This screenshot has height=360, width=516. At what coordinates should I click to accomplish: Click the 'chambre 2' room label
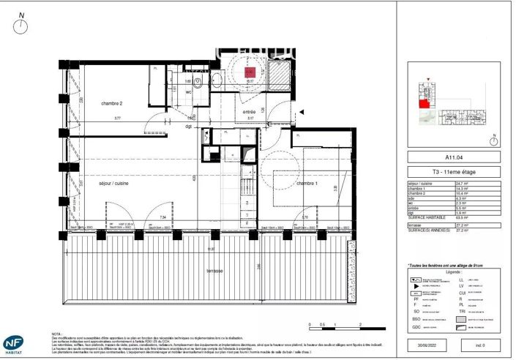(111, 104)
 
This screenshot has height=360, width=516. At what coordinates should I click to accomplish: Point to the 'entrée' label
(250, 112)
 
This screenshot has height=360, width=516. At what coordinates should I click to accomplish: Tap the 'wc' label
(188, 92)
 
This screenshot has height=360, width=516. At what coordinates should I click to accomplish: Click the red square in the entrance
(249, 72)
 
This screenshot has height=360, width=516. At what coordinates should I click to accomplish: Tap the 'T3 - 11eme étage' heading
(454, 172)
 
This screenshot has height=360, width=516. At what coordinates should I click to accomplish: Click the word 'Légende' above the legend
(454, 271)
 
